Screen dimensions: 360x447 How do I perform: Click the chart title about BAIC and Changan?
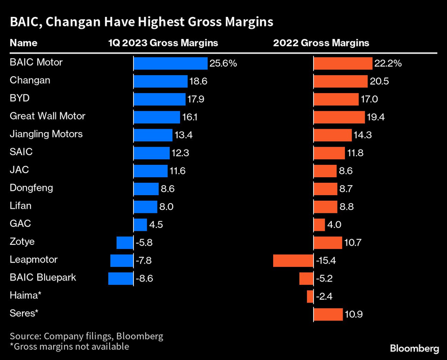(x=141, y=22)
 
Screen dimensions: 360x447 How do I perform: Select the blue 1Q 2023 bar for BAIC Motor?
(x=170, y=63)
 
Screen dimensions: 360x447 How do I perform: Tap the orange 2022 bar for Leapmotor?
(x=293, y=260)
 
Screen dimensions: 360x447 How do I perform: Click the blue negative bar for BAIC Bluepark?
(x=120, y=278)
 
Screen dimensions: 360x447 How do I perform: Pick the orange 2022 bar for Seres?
(x=328, y=314)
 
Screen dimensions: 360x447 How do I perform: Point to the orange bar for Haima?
(x=310, y=296)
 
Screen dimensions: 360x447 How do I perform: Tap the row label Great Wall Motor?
(x=47, y=116)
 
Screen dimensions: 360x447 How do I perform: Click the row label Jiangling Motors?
(x=46, y=134)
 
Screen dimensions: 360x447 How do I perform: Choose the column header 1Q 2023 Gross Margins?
(x=163, y=43)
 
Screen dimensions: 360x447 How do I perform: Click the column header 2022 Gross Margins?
(x=321, y=43)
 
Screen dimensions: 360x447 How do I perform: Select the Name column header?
(x=24, y=43)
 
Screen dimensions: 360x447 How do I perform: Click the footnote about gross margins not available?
(x=69, y=346)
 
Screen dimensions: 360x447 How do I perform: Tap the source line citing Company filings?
(x=86, y=336)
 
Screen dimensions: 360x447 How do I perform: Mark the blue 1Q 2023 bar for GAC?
(x=140, y=225)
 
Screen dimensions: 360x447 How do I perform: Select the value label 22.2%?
(x=388, y=63)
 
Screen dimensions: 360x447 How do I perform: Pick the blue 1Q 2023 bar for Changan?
(x=160, y=81)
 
